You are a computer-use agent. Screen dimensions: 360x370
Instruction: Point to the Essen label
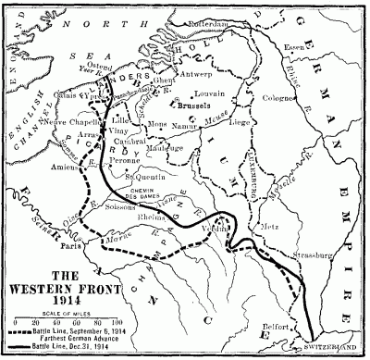(320, 43)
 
